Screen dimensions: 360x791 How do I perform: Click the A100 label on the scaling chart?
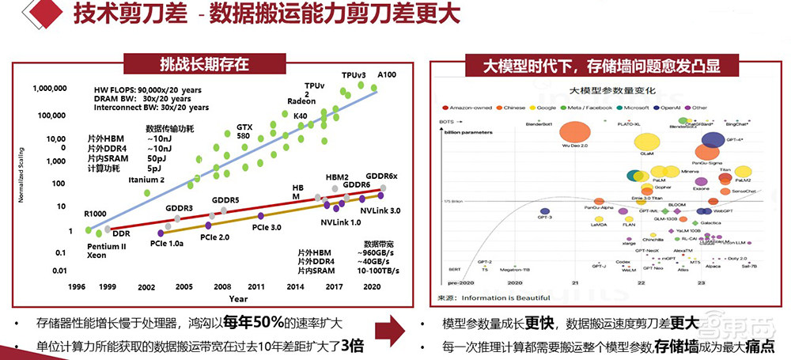pos(388,74)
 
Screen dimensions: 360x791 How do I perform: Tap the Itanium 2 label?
pos(146,180)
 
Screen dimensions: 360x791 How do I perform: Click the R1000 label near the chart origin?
pos(95,214)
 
